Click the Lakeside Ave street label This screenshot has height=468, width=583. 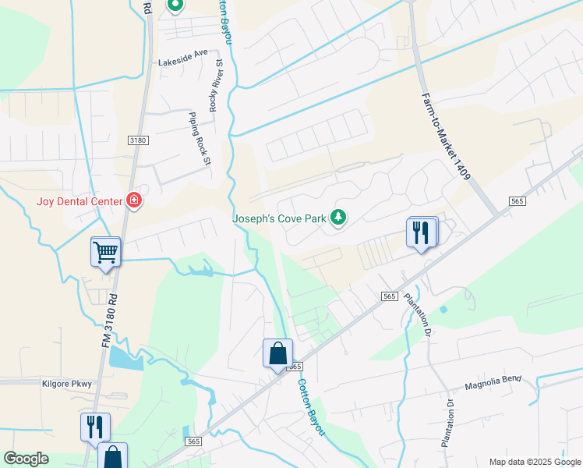click(x=184, y=54)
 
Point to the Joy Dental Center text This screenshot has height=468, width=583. click(x=79, y=201)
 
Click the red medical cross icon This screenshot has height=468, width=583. click(x=134, y=201)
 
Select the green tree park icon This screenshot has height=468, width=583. click(x=338, y=217)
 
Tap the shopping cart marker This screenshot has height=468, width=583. click(x=105, y=252)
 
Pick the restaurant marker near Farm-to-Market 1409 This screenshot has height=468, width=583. click(x=421, y=232)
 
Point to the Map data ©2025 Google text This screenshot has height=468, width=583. click(x=535, y=462)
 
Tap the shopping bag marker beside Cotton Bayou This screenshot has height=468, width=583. click(x=278, y=353)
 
